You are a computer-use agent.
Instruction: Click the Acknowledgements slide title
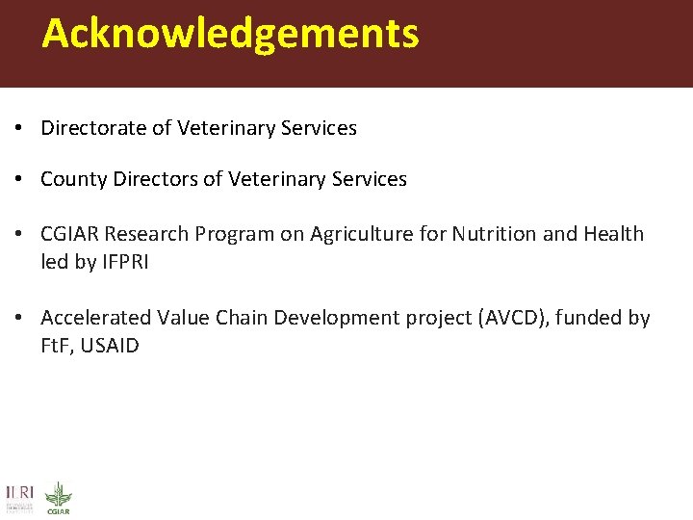pyautogui.click(x=230, y=33)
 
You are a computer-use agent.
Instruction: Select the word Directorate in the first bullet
pyautogui.click(x=93, y=128)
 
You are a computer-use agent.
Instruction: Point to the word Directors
pyautogui.click(x=150, y=179)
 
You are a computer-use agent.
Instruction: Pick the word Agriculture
pyautogui.click(x=364, y=234)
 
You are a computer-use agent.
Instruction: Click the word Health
pyautogui.click(x=613, y=234)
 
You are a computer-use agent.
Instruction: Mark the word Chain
pyautogui.click(x=241, y=318)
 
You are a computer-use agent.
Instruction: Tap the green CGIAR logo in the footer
pyautogui.click(x=59, y=497)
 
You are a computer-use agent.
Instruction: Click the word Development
pyautogui.click(x=329, y=318)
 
